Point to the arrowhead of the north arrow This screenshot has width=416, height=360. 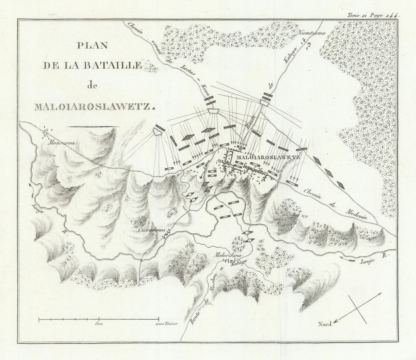coord(335,321)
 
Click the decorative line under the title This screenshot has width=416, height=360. coord(93,126)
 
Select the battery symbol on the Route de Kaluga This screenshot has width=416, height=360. coord(266,99)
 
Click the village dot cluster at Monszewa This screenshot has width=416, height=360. coord(47,131)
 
